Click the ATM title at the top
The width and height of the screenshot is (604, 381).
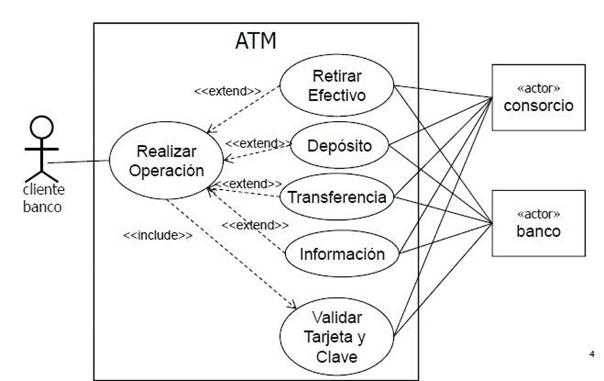256,40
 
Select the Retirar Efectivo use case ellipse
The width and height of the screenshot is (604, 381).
337,85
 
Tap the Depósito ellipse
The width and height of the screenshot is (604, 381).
339,145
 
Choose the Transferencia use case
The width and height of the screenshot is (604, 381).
337,197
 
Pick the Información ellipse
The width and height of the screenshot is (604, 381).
342,254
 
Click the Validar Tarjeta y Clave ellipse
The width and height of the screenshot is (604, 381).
336,337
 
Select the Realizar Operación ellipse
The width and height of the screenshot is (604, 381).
166,160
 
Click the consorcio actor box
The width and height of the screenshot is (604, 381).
539,98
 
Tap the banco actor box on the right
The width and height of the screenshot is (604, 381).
539,223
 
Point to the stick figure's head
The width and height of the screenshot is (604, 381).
42,128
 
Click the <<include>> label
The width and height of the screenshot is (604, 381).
157,236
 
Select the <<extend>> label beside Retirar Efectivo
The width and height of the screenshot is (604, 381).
228,91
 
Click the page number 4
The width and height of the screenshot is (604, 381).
592,354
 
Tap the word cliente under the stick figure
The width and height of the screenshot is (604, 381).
44,190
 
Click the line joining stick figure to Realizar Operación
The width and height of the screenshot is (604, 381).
78,162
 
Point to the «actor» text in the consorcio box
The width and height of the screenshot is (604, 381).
539,88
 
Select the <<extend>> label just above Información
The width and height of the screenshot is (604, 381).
254,225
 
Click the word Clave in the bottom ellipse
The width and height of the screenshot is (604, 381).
337,356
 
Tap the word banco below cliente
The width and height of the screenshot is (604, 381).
42,207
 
